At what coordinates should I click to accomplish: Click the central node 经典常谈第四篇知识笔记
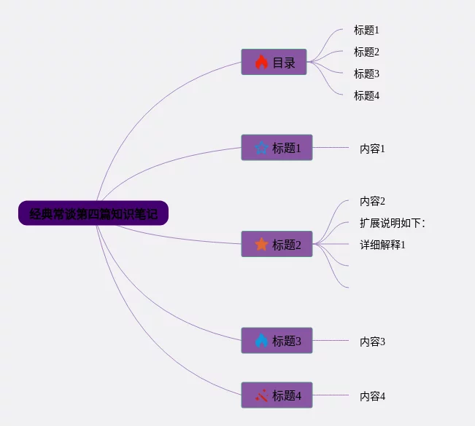[x=93, y=213]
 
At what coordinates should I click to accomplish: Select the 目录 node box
[x=274, y=63]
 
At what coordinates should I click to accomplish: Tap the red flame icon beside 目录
[x=261, y=63]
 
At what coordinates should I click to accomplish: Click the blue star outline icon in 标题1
[x=261, y=148]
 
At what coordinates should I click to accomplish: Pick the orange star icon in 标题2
[x=261, y=244]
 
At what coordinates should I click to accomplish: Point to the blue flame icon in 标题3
[x=261, y=340]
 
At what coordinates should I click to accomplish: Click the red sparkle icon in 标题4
[x=261, y=395]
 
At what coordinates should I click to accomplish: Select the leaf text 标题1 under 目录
[x=366, y=30]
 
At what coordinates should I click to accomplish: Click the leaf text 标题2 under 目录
[x=366, y=52]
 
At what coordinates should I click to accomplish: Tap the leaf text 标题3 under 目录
[x=366, y=74]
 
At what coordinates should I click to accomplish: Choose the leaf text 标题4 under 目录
[x=366, y=95]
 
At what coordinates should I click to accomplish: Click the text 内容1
[x=372, y=149]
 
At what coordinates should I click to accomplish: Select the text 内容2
[x=372, y=201]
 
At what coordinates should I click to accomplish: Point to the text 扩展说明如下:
[x=393, y=223]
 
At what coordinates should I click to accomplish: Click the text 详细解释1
[x=382, y=245]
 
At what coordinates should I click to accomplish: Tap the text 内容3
[x=372, y=341]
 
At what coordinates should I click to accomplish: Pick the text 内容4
[x=372, y=396]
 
